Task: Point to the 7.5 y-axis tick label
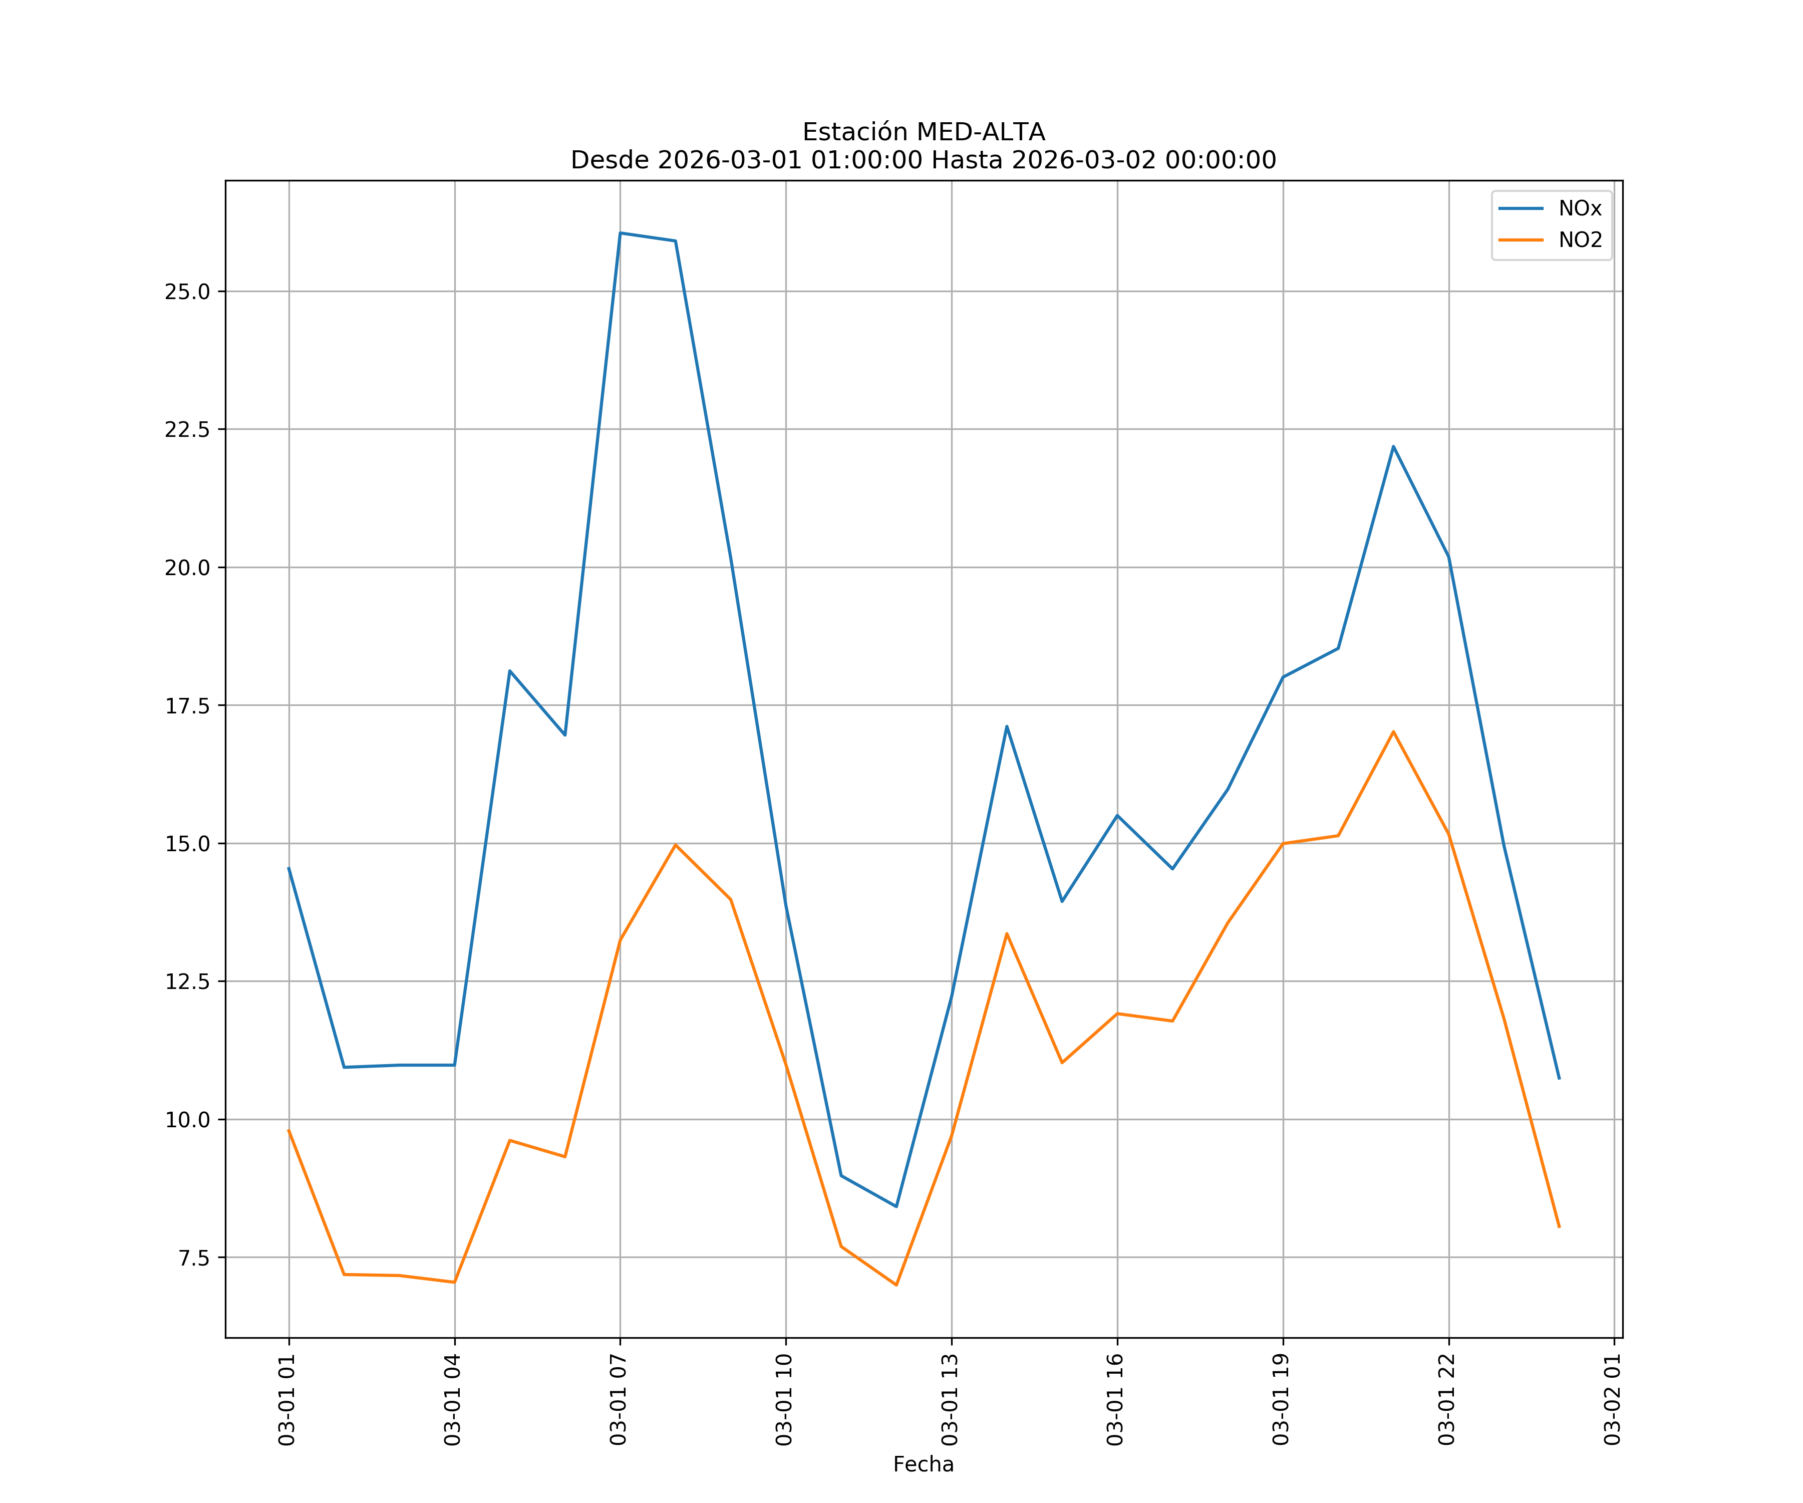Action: (x=194, y=1258)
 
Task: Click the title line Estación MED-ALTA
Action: (x=923, y=132)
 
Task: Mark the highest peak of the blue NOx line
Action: (x=620, y=233)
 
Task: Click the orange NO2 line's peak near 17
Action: (x=1393, y=732)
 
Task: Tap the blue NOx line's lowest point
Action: (x=895, y=1207)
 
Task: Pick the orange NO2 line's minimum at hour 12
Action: (x=895, y=1285)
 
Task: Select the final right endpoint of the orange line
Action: (x=1558, y=1226)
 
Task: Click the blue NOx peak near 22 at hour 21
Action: (x=1393, y=446)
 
